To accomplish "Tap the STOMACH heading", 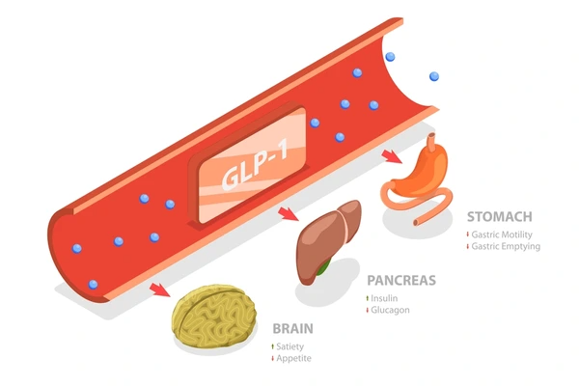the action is pos(500,216).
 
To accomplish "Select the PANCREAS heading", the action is pos(401,281).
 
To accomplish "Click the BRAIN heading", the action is pos(292,328).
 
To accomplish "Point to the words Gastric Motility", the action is pos(502,234).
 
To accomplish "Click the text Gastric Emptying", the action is pos(506,246).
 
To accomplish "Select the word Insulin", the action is pos(384,298).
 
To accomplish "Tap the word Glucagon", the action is pos(390,310).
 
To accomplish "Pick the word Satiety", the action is pos(290,346).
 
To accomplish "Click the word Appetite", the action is pos(294,358).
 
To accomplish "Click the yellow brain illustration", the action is pos(214,317).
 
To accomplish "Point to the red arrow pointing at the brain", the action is pos(160,289).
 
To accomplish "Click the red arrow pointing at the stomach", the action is pos(392,156).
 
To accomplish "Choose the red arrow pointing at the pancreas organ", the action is pos(289,214).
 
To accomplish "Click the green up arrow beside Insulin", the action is pos(368,298).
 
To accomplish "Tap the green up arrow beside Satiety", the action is pos(272,346).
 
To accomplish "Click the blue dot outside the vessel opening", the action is pos(434,76).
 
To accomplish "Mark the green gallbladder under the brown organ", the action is pos(322,268).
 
